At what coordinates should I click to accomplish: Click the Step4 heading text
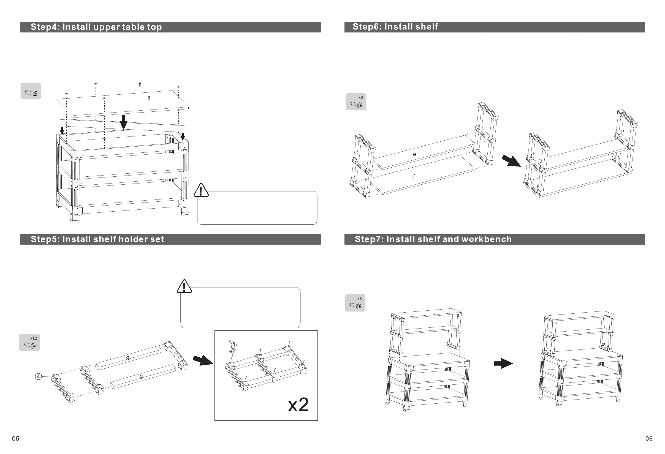click(96, 27)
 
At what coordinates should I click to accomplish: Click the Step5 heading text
click(97, 239)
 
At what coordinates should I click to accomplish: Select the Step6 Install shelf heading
click(395, 27)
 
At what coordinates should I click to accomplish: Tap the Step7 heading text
click(433, 239)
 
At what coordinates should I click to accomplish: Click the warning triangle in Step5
click(184, 287)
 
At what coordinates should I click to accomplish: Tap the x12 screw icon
click(29, 343)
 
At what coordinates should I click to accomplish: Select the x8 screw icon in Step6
click(356, 102)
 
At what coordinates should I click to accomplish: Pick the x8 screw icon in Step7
click(355, 303)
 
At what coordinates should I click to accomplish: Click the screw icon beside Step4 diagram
click(31, 91)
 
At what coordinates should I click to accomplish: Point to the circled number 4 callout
click(38, 376)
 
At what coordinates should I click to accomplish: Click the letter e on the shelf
click(414, 154)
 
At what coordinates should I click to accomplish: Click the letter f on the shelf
click(414, 177)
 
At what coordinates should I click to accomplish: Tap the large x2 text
click(298, 405)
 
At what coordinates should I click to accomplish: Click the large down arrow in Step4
click(123, 122)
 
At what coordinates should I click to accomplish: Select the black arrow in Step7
click(503, 364)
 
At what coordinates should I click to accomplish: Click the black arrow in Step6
click(511, 161)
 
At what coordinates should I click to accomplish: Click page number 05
click(16, 439)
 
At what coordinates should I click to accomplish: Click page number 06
click(649, 439)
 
